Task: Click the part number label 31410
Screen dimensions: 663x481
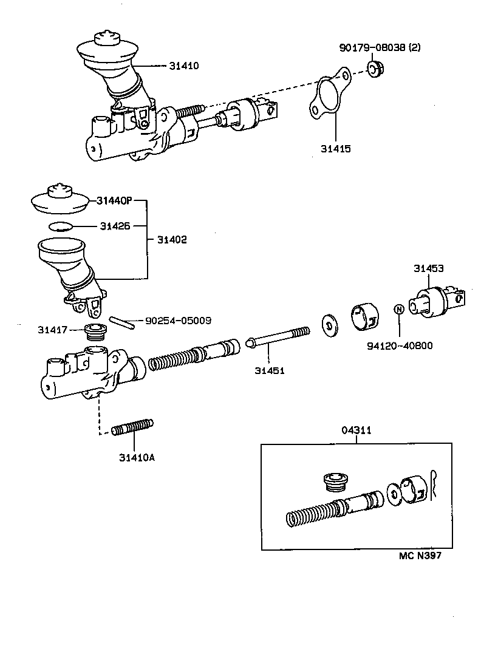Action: [x=185, y=65]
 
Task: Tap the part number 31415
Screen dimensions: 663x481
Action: [x=336, y=148]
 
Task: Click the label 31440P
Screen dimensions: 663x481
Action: [x=114, y=200]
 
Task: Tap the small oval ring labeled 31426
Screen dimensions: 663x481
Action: [x=60, y=226]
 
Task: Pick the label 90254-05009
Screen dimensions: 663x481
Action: [x=177, y=320]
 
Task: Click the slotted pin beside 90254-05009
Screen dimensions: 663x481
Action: [x=121, y=321]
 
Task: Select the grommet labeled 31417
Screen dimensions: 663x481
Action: [x=95, y=333]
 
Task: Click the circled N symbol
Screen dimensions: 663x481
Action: [x=399, y=309]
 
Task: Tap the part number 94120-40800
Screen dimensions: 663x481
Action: [x=400, y=345]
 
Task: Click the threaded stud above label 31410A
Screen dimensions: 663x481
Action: [x=132, y=427]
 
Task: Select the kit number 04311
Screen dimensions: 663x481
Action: [x=356, y=430]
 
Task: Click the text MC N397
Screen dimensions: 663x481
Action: [x=425, y=556]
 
